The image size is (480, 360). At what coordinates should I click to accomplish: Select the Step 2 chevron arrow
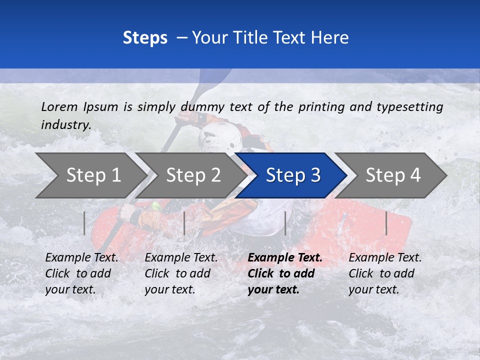[x=192, y=175]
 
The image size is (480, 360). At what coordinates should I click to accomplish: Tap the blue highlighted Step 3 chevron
[x=292, y=175]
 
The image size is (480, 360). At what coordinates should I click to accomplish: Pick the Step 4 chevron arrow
[x=392, y=175]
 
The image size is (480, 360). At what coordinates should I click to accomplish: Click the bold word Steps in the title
[x=145, y=37]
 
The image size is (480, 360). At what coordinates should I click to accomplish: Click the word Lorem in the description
[x=59, y=106]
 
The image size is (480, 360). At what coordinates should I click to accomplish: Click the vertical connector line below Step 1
[x=84, y=223]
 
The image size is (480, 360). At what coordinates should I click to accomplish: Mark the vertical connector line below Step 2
[x=184, y=223]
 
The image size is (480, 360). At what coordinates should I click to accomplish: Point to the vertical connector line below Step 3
[x=285, y=223]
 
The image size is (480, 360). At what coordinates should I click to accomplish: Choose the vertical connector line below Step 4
[x=386, y=223]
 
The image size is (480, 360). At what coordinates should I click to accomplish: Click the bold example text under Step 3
[x=284, y=273]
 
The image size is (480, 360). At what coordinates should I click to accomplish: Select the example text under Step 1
[x=81, y=273]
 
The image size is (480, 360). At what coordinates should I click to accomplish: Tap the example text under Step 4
[x=385, y=273]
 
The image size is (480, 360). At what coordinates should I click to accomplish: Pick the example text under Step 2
[x=181, y=273]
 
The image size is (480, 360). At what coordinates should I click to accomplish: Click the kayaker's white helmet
[x=220, y=137]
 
